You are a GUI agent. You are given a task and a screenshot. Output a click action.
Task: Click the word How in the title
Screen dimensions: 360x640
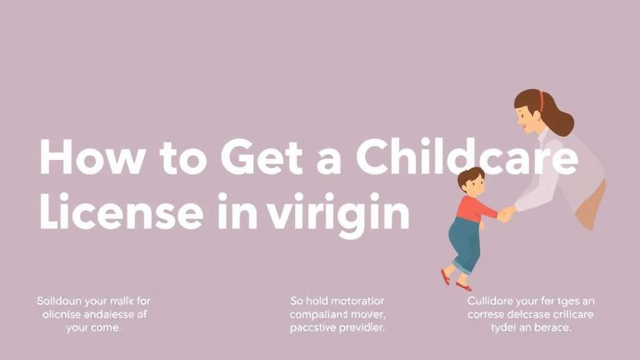tap(81, 158)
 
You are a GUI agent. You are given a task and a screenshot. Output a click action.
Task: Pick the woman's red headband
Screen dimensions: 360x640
tap(541, 101)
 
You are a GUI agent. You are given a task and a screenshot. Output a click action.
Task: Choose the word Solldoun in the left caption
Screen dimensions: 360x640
tap(59, 301)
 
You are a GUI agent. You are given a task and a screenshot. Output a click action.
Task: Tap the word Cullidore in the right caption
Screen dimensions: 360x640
tap(491, 301)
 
